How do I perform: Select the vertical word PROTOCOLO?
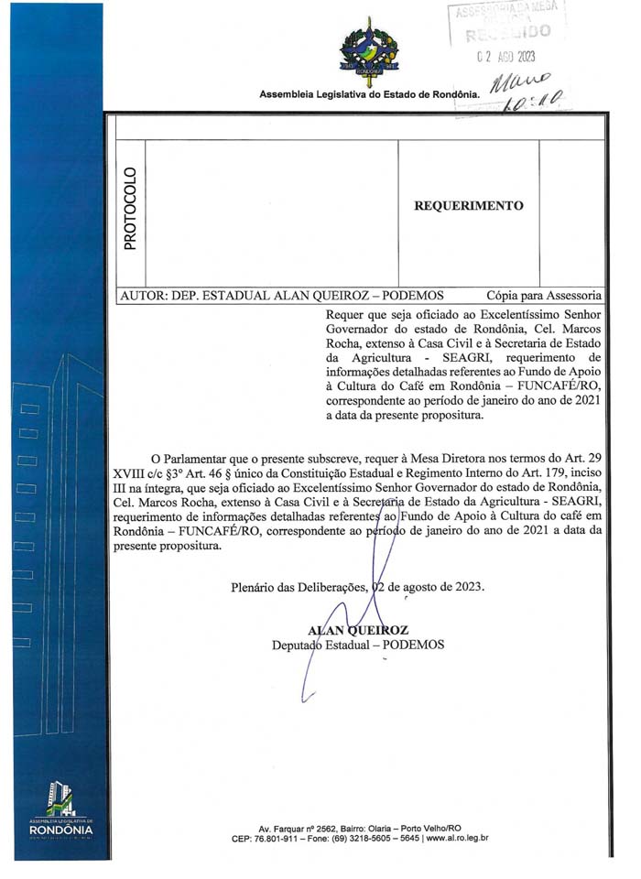click(130, 209)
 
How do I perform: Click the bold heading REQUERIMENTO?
click(469, 206)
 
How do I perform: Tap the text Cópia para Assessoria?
click(544, 296)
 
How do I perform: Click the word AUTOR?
click(143, 296)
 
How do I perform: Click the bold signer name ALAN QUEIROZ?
click(358, 630)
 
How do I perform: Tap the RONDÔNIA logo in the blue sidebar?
click(61, 815)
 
